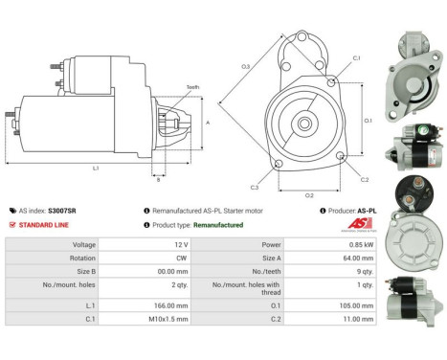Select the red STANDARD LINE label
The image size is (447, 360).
coord(42,225)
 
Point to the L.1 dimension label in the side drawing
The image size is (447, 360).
coord(96,169)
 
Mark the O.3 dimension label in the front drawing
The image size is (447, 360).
coord(245,66)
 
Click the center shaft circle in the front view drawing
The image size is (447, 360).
coord(302,124)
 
